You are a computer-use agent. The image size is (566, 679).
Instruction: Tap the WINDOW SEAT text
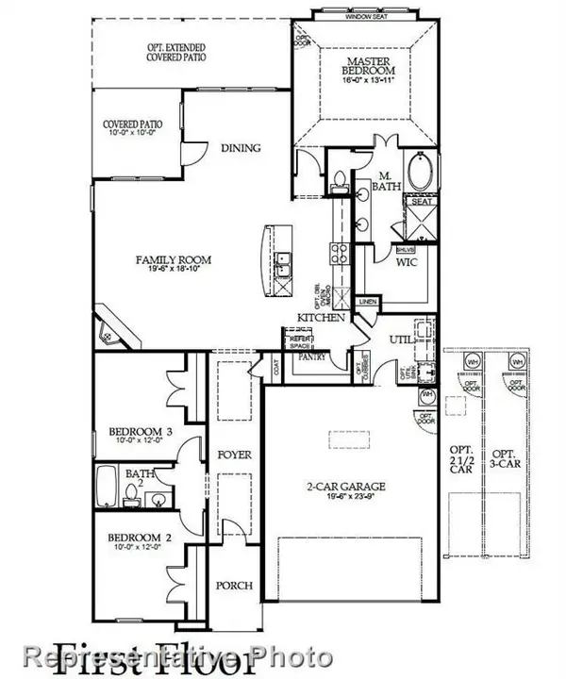coord(369,16)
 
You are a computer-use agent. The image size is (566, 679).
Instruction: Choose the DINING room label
coord(241,148)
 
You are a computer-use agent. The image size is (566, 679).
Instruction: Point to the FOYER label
coord(233,455)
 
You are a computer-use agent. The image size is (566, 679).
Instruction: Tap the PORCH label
coord(233,586)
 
